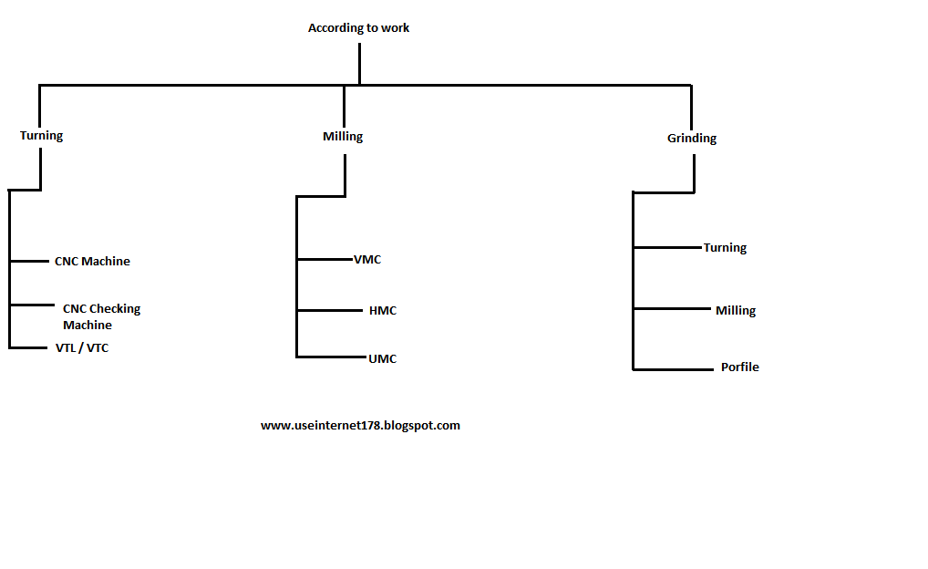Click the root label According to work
click(x=358, y=28)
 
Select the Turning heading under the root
click(x=42, y=136)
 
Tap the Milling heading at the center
click(x=343, y=137)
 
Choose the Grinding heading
click(x=692, y=139)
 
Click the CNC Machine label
click(x=92, y=262)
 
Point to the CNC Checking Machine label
click(x=100, y=316)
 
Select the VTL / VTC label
click(x=82, y=348)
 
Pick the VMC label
click(x=367, y=260)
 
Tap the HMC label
click(x=383, y=311)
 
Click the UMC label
click(x=383, y=359)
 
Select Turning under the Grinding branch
click(x=725, y=248)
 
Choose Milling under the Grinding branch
click(x=736, y=311)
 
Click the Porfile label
click(x=739, y=367)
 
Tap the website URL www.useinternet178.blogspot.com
click(x=360, y=426)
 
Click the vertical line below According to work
click(x=359, y=64)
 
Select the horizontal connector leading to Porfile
click(x=673, y=369)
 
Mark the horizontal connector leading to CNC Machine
click(x=29, y=262)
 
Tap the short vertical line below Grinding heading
click(x=694, y=173)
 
